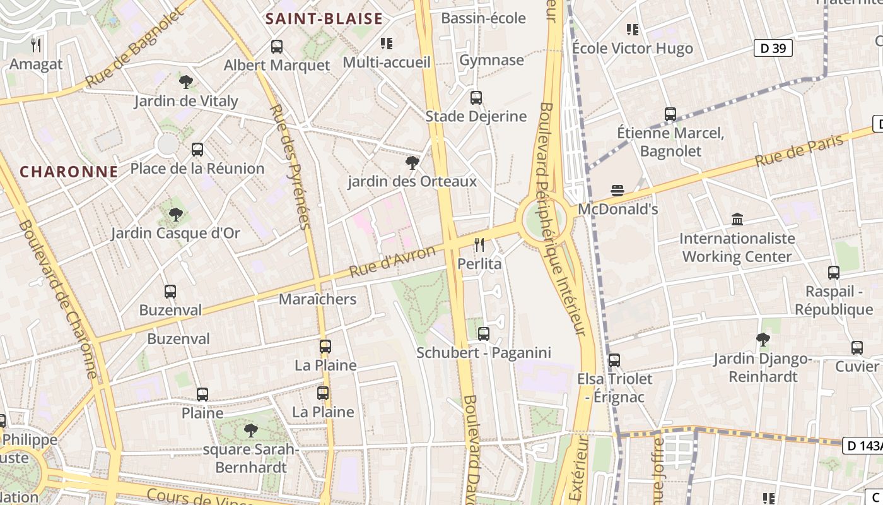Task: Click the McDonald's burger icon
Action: click(x=617, y=191)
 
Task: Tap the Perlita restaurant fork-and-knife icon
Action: click(x=480, y=245)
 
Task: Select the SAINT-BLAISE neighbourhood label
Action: click(x=324, y=18)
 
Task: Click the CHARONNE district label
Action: click(x=69, y=172)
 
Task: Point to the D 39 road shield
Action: click(x=773, y=48)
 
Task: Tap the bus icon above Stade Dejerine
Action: click(x=476, y=98)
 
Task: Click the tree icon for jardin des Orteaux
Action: click(x=412, y=163)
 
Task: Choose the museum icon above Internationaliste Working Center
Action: click(x=737, y=220)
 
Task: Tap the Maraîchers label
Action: click(x=318, y=299)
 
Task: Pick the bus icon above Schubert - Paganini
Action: click(x=484, y=334)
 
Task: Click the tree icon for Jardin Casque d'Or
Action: click(x=176, y=215)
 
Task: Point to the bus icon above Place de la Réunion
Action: click(x=197, y=150)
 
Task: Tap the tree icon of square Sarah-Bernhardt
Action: click(x=250, y=431)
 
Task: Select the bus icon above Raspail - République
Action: click(x=834, y=273)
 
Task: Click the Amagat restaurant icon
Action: click(x=36, y=45)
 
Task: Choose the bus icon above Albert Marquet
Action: click(x=277, y=46)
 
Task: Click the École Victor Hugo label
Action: click(x=632, y=48)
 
